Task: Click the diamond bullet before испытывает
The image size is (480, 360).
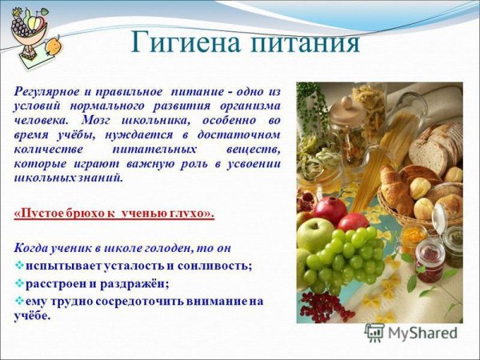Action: coord(20,265)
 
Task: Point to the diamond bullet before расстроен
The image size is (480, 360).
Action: coord(20,282)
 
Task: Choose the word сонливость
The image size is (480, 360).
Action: coord(217,265)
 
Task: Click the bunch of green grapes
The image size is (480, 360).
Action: coord(344,256)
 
